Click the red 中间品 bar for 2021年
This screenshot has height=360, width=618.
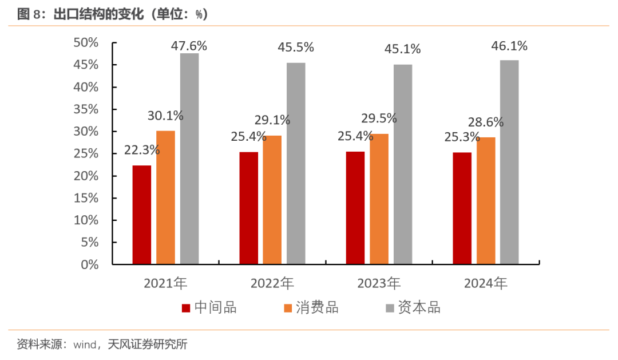coord(142,215)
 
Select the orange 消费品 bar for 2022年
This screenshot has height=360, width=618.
coord(272,200)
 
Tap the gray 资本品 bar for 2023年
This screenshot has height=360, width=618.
coord(402,164)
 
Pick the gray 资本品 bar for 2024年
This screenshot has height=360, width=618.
coord(509,162)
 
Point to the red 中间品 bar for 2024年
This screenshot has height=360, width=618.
coord(462,208)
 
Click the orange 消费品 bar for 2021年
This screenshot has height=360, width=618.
coord(165,197)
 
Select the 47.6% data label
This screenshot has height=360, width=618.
coord(189,46)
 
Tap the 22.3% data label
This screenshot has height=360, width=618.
coord(142,151)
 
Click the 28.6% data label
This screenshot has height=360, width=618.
coord(485,122)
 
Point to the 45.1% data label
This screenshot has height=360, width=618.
coord(402,49)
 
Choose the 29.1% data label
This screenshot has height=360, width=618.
coord(272,120)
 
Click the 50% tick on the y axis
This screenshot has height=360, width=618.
coord(86,43)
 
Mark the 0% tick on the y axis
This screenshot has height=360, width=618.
coord(90,264)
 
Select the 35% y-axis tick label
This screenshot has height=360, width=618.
coord(86,109)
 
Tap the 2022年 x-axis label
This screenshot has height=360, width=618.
coord(272,283)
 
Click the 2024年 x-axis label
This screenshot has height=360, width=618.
coord(485,283)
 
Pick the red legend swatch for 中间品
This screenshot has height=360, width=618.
coord(186,308)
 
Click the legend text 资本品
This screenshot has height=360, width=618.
coord(419,308)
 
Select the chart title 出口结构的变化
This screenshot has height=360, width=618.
coord(96,14)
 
